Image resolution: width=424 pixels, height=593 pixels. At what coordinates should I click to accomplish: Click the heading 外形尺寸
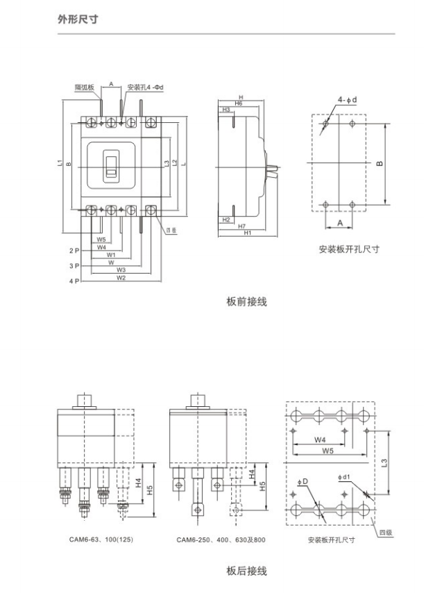[x=76, y=19]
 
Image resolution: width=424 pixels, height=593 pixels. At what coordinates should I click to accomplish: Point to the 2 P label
[x=74, y=250]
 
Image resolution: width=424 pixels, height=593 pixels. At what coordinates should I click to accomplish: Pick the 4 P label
[x=74, y=282]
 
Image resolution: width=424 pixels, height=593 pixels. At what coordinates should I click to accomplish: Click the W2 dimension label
[x=121, y=278]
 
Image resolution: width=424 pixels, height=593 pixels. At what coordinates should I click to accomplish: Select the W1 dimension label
[x=111, y=255]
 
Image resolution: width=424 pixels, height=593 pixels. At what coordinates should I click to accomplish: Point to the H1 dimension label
[x=248, y=233]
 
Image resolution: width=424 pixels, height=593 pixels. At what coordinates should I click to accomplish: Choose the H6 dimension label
[x=238, y=103]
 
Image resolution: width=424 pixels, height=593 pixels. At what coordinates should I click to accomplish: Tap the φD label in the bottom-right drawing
[x=303, y=482]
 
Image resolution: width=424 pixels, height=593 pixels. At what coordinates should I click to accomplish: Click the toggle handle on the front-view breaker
[x=110, y=165]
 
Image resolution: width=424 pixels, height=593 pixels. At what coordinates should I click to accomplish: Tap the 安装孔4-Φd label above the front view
[x=144, y=87]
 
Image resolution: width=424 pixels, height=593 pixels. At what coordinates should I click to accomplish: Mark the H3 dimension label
[x=226, y=110]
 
